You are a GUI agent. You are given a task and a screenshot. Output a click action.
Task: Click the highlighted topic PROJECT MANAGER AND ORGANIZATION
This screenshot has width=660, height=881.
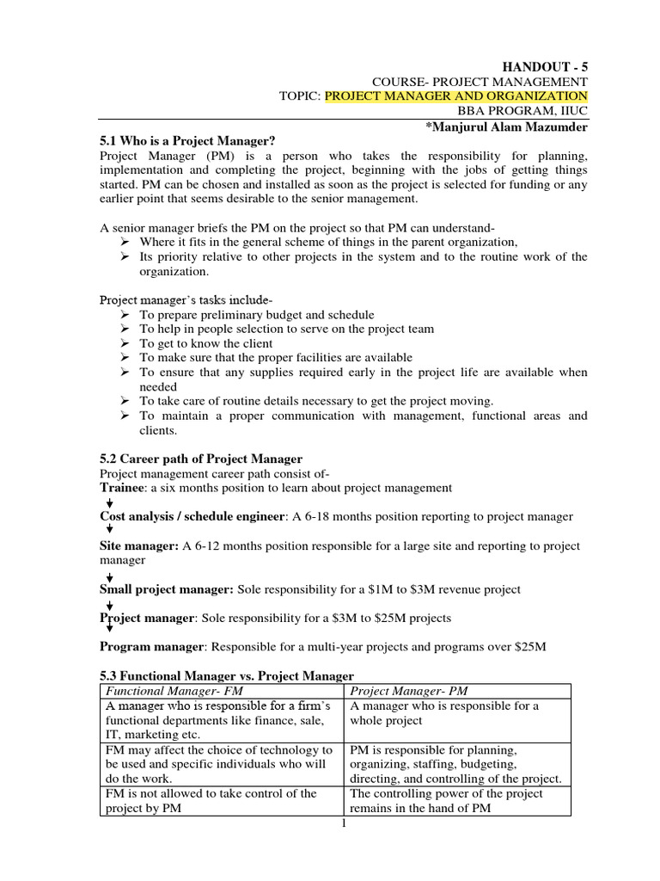pyautogui.click(x=456, y=95)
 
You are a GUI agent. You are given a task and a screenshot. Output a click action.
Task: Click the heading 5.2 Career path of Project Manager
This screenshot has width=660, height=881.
pyautogui.click(x=201, y=459)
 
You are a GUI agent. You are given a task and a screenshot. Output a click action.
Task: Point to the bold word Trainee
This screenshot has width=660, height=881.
pyautogui.click(x=124, y=488)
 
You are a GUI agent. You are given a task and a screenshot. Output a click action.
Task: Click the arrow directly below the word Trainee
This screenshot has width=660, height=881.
pyautogui.click(x=108, y=502)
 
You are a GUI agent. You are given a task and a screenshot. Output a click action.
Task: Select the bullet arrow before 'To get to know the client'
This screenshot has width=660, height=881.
pyautogui.click(x=125, y=343)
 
